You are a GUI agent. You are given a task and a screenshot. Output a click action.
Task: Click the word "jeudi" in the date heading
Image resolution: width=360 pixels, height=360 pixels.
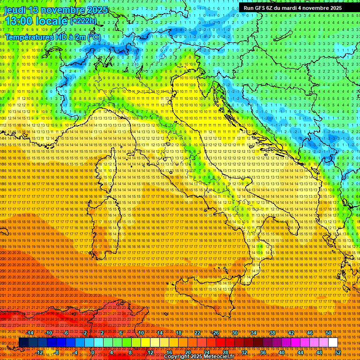pyautogui.click(x=15, y=10)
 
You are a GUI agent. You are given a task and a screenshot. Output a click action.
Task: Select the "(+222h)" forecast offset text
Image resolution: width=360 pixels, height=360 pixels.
pyautogui.click(x=84, y=21)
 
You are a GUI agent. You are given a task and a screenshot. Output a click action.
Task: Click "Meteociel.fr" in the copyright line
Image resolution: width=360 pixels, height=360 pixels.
pyautogui.click(x=218, y=356)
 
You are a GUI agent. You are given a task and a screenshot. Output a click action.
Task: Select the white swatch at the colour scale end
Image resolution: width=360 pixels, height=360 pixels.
pyautogui.click(x=333, y=343)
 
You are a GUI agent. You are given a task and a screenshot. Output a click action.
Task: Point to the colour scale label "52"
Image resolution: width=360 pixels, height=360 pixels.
pyautogui.click(x=338, y=352)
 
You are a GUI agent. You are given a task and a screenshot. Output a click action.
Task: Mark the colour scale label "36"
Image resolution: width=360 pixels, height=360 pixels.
pyautogui.click(x=263, y=352)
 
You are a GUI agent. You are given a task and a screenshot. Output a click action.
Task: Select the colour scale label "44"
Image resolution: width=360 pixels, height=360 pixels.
pyautogui.click(x=300, y=352)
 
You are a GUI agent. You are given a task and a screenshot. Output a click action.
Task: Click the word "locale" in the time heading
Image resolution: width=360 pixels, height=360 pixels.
pyautogui.click(x=52, y=22)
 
